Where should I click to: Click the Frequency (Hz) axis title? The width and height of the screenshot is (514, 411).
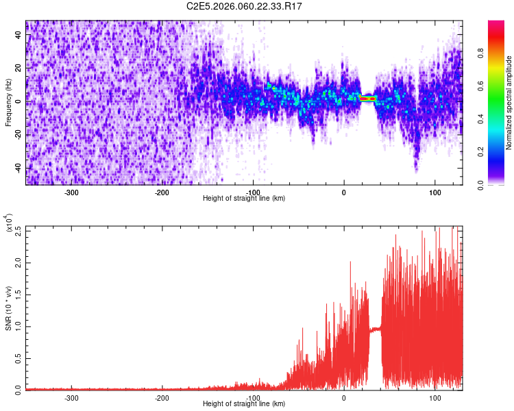(x=8, y=102)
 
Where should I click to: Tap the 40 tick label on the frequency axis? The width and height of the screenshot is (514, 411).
(x=19, y=36)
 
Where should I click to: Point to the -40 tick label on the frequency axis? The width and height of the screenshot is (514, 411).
(x=17, y=168)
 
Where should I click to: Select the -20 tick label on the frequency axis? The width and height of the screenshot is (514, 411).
(x=17, y=135)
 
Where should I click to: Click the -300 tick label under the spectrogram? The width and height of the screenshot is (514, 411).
(x=72, y=192)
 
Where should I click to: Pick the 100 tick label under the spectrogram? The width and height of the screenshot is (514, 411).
(x=435, y=192)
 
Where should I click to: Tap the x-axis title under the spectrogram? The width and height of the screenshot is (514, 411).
(x=244, y=199)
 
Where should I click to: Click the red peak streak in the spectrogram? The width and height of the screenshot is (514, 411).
(x=368, y=99)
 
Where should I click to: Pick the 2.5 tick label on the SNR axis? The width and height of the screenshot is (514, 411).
(x=19, y=230)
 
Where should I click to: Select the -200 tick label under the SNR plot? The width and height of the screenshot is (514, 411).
(x=162, y=397)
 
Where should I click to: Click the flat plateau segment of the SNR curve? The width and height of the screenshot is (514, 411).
(x=375, y=329)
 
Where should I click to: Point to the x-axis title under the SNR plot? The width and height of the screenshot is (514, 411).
(x=244, y=404)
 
